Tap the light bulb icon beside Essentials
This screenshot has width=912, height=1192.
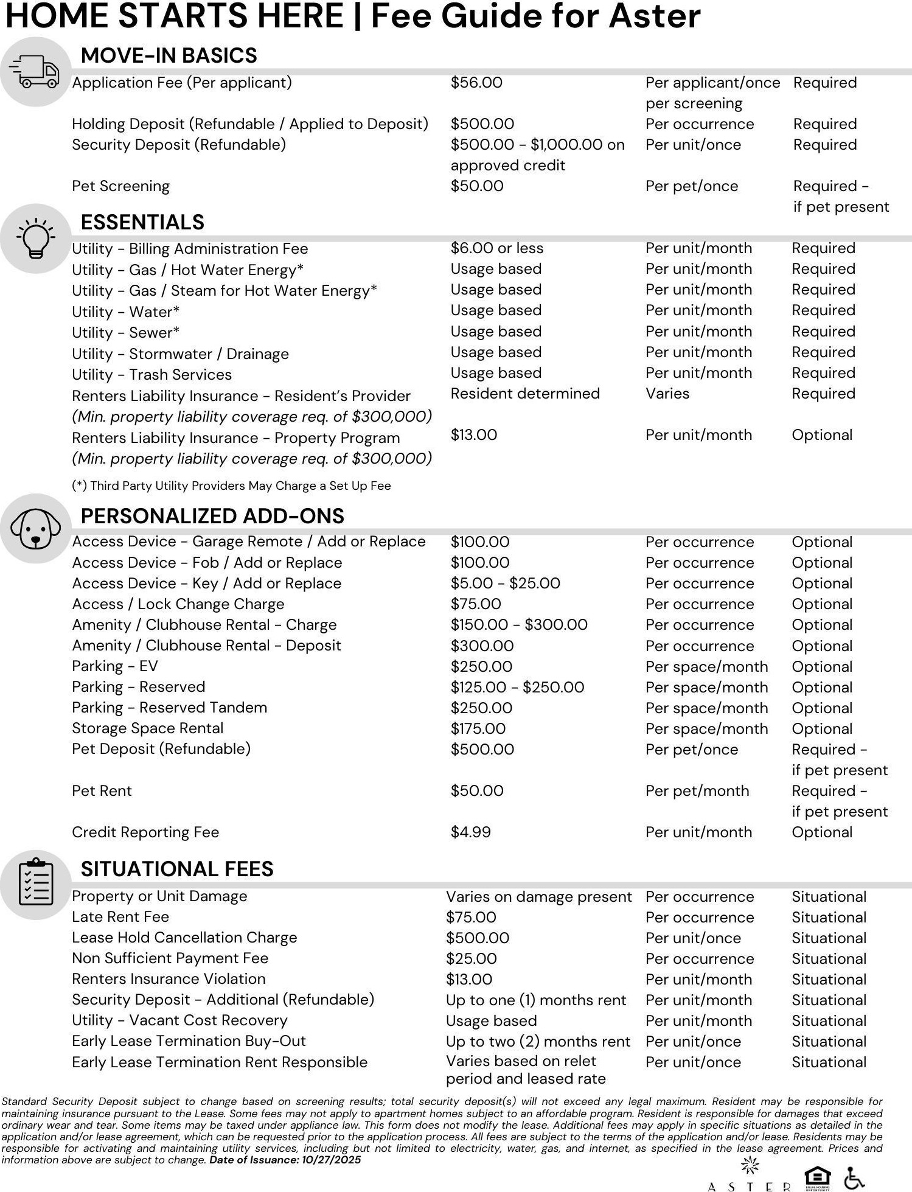(35, 238)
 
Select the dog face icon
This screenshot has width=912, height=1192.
(35, 528)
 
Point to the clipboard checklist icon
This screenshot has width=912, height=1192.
(36, 883)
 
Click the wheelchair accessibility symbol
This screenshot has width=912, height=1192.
(855, 1178)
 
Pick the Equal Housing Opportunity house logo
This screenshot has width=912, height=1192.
(817, 1177)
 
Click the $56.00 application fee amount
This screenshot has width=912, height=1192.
(476, 83)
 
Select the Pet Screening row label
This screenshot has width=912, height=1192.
(120, 186)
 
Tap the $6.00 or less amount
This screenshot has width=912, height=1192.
(496, 248)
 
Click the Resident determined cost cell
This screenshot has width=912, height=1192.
(524, 394)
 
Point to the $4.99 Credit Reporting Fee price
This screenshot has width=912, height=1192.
(470, 832)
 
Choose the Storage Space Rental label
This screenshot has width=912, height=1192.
(147, 728)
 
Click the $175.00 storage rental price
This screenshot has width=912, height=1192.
(478, 728)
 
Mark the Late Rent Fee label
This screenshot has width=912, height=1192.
(120, 917)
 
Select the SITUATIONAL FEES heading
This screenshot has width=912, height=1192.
(177, 869)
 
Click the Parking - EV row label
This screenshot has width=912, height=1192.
(114, 666)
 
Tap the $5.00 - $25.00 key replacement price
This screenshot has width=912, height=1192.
(505, 584)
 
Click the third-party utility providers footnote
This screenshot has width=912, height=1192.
(231, 486)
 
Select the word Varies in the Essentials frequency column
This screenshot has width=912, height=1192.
(667, 394)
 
